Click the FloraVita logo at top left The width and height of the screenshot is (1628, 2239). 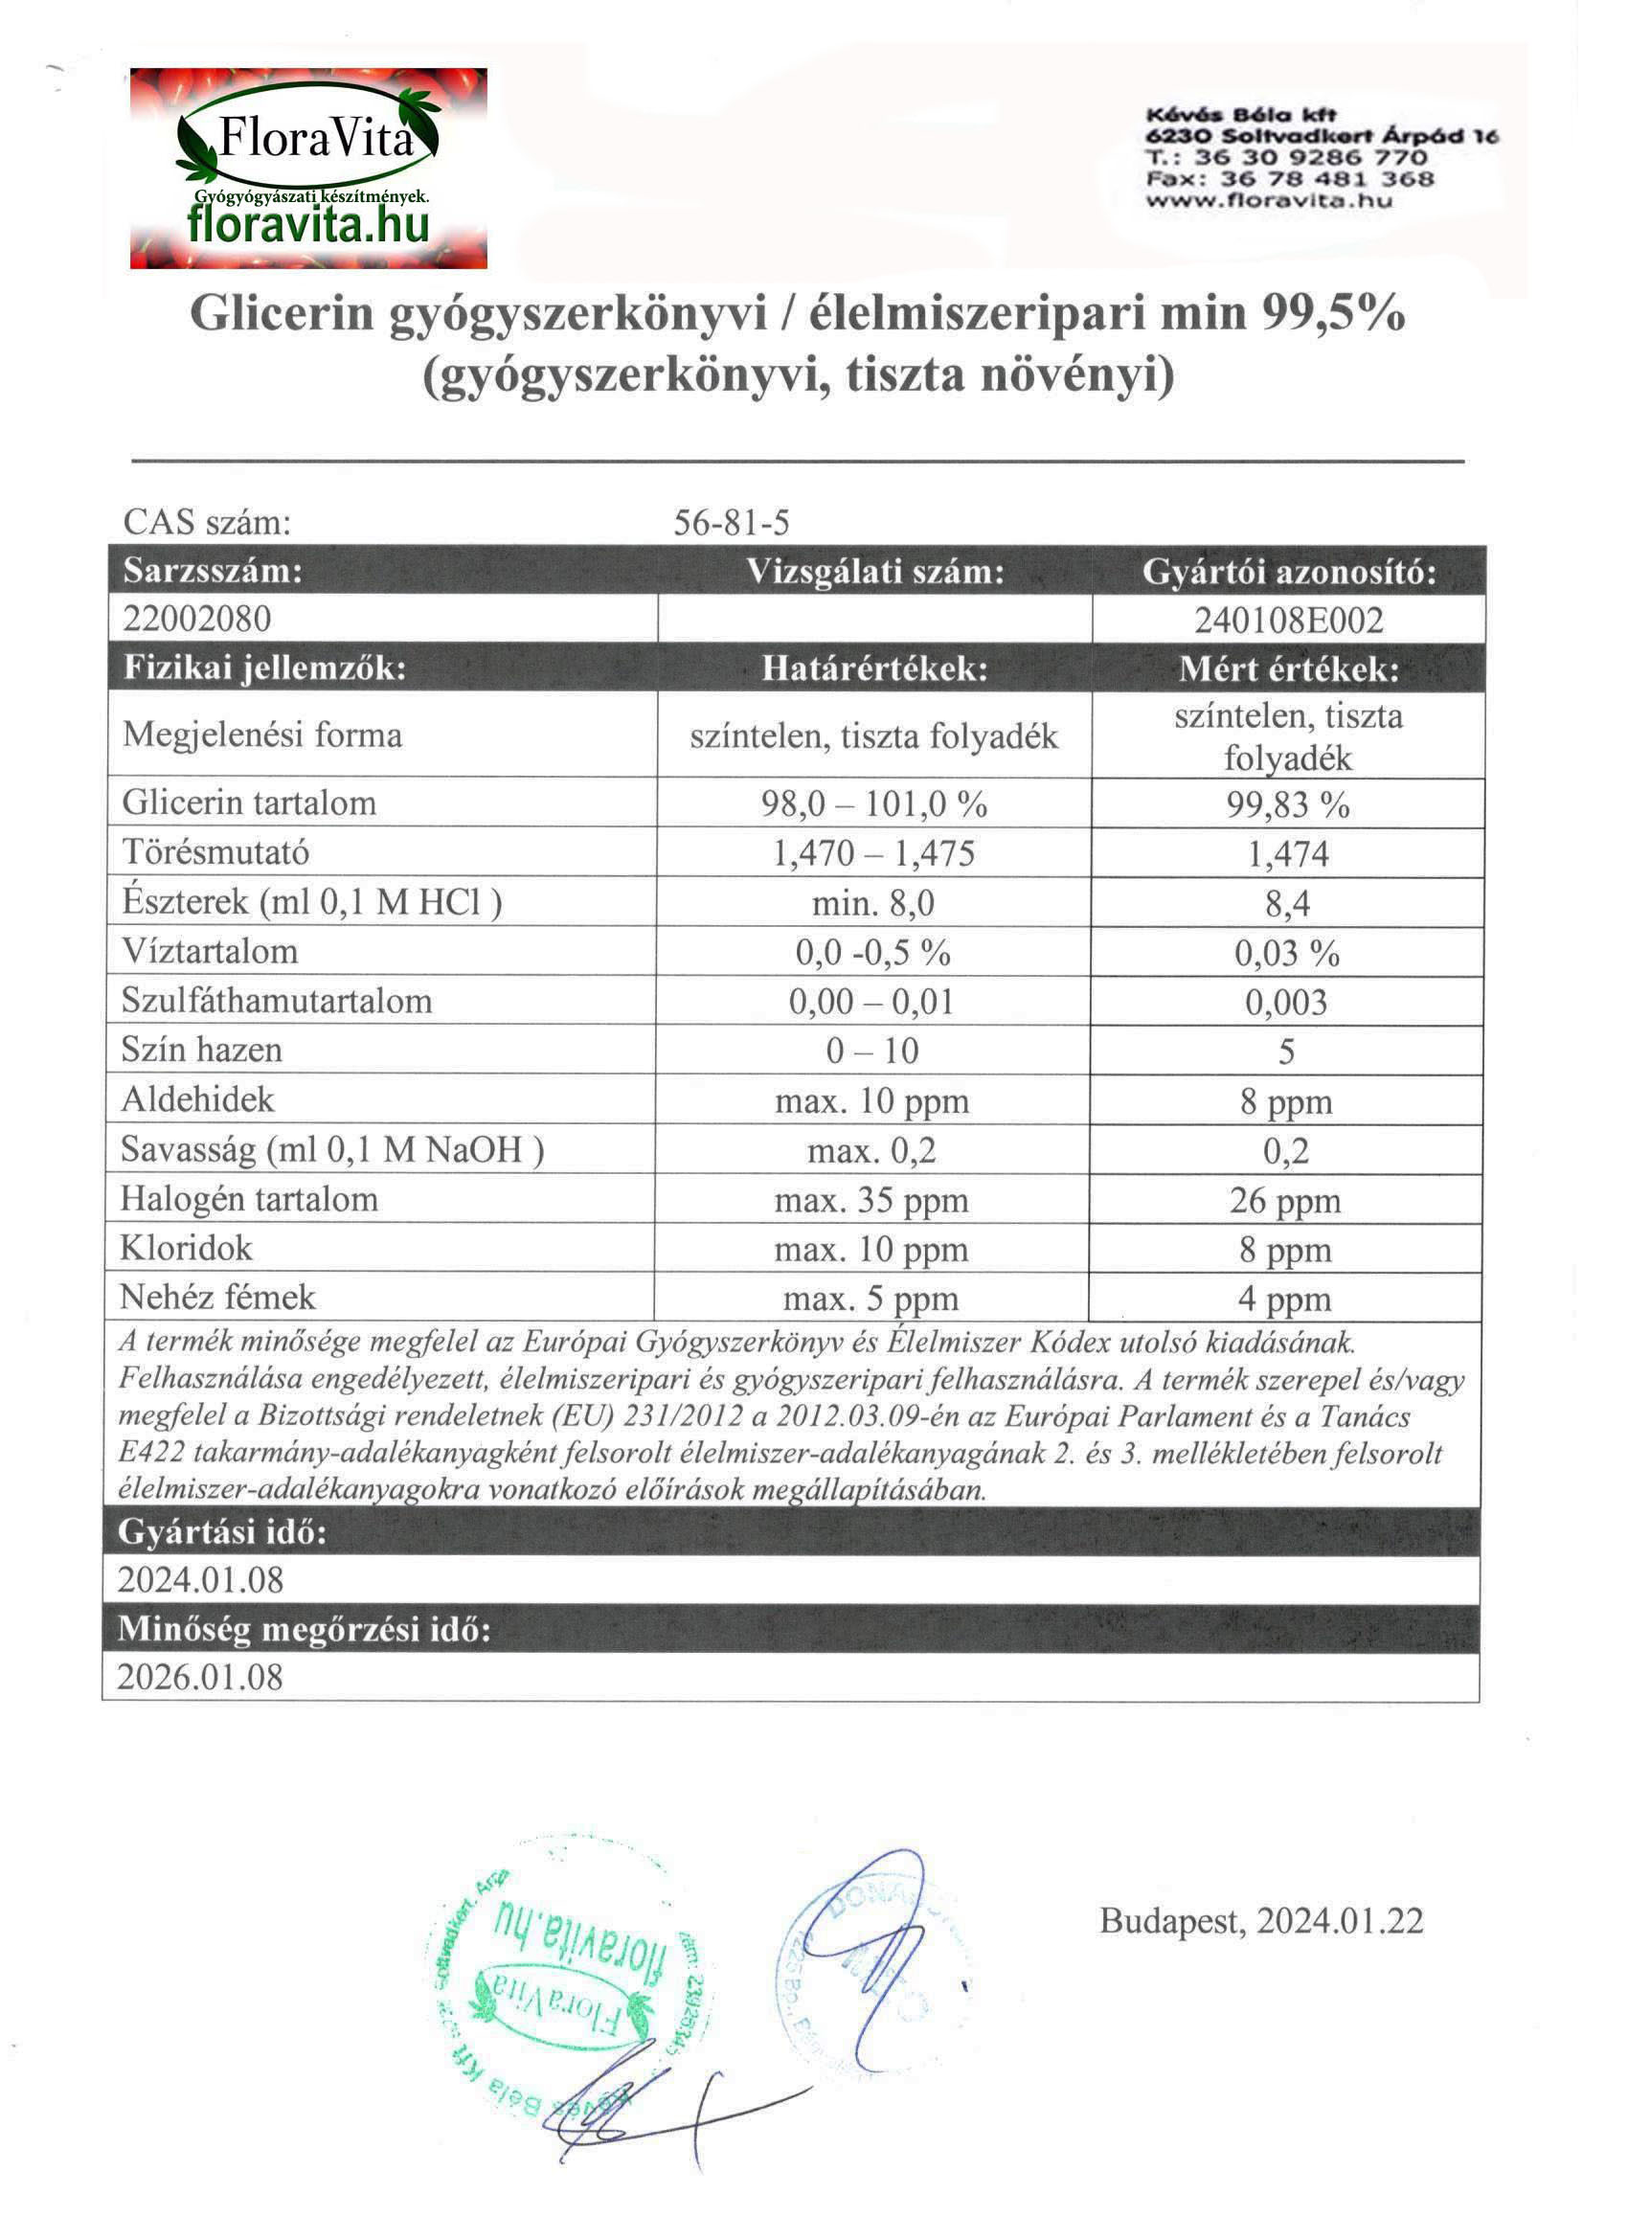coord(308,168)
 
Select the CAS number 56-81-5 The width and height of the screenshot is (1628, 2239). coord(732,522)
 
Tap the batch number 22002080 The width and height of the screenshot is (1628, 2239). coord(197,619)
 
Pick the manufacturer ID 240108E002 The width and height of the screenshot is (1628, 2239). coord(1288,620)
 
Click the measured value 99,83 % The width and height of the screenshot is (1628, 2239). coord(1287,804)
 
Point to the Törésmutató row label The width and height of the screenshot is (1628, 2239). coord(216,852)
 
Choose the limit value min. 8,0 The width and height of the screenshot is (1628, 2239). coord(872,902)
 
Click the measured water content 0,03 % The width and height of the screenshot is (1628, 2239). coord(1286,953)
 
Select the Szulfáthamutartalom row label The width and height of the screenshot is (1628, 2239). coord(277,1000)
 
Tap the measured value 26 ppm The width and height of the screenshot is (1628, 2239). coord(1285,1201)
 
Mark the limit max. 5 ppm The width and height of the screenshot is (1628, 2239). coord(871,1300)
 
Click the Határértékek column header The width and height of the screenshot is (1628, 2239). coord(874,668)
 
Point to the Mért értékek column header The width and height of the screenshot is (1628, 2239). coord(1288,668)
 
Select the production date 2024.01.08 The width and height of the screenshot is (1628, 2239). coord(200,1579)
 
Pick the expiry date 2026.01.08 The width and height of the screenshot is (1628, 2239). coord(200,1676)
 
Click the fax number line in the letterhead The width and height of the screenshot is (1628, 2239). coord(1289,179)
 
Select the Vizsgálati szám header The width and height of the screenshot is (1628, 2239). coord(874,572)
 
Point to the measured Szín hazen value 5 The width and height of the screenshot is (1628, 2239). coord(1286,1052)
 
